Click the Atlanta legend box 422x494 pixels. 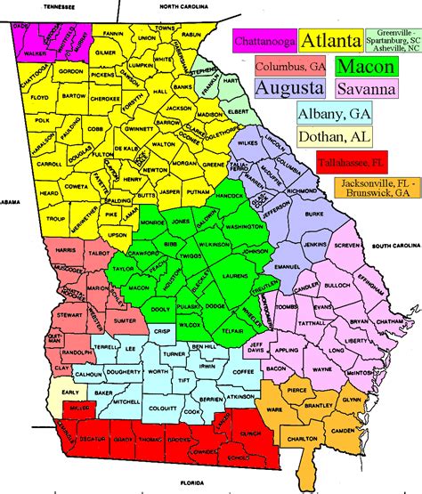(x=330, y=40)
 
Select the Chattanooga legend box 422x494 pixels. (x=264, y=41)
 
